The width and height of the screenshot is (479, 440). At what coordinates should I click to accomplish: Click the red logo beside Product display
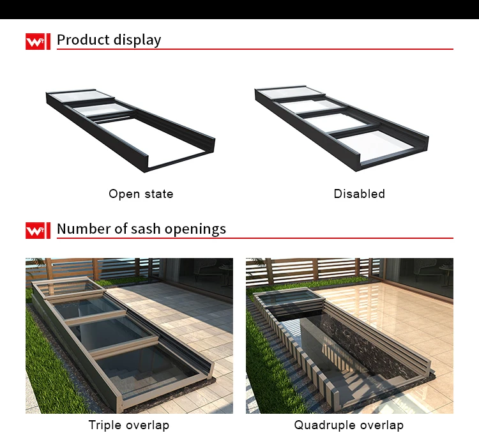[38, 42]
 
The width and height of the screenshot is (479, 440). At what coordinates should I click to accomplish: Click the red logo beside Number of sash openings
[38, 231]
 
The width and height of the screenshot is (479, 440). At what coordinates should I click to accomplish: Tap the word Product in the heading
[83, 40]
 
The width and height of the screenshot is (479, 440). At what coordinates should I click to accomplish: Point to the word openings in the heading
[195, 229]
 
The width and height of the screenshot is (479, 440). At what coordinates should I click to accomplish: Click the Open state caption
[141, 194]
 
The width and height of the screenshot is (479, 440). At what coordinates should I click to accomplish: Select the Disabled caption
[359, 193]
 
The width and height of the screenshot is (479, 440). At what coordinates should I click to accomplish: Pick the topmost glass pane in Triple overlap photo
[67, 287]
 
